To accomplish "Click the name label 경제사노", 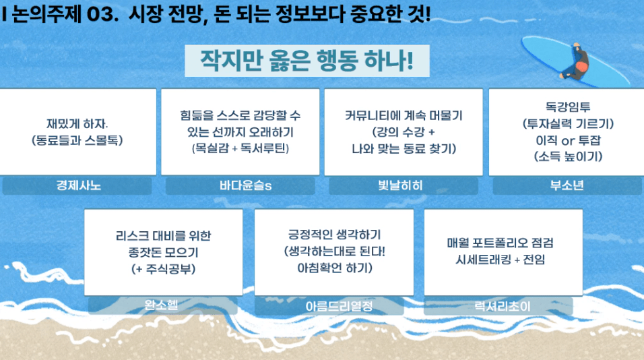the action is [77, 186].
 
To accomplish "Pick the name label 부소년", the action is [568, 186].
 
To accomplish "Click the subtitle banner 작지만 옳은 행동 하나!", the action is [307, 61].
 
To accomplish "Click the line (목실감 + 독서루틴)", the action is [240, 148].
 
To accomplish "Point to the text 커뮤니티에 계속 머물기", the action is [404, 115].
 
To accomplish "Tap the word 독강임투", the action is [568, 107].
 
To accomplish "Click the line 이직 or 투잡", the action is [568, 140].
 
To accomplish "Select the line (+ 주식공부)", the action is [164, 269].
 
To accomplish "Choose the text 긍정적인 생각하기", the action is [334, 235].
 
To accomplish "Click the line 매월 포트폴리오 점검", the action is [501, 243].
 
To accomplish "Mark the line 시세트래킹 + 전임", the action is [501, 260].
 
